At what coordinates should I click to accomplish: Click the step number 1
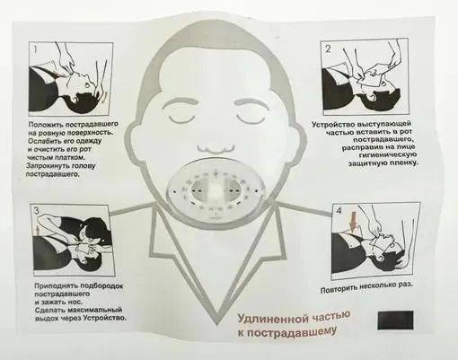click(35, 49)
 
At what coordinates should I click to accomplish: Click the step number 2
click(328, 48)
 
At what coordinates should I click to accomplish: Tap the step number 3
click(37, 211)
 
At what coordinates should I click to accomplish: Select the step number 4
click(339, 211)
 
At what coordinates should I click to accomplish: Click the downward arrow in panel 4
click(353, 222)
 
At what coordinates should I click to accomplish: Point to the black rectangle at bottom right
click(395, 320)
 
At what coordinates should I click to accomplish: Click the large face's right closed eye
click(251, 119)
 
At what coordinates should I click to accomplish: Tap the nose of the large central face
click(216, 148)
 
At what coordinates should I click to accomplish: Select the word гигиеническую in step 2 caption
click(388, 154)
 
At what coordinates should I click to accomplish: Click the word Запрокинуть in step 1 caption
click(45, 166)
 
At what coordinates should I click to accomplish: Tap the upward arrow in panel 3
click(38, 231)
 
